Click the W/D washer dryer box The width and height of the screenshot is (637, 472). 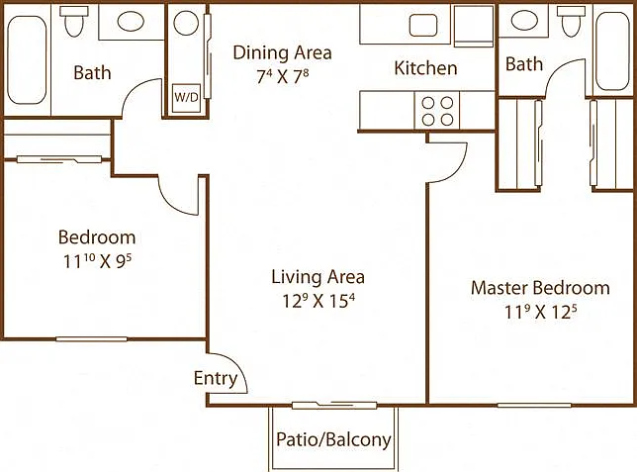tap(186, 98)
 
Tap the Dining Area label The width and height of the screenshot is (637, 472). tap(282, 52)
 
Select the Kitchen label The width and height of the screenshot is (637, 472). tap(425, 68)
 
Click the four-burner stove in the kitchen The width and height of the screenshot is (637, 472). tap(437, 111)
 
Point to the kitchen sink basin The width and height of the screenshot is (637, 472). tap(423, 25)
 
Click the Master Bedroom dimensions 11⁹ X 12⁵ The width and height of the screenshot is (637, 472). tap(540, 312)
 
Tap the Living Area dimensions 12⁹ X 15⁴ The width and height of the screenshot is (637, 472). tap(318, 301)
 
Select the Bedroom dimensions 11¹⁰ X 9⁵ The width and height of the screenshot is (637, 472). tap(97, 261)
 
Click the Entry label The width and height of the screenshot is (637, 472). tap(216, 378)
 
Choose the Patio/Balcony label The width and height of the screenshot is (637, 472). tap(333, 439)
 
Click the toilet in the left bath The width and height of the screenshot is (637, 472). tap(73, 22)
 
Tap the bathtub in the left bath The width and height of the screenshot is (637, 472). tap(27, 60)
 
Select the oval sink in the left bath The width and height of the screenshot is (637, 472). tap(131, 21)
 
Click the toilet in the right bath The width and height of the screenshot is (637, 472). tap(571, 22)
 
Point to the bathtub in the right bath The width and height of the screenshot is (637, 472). tap(613, 50)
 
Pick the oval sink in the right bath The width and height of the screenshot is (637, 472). tap(524, 20)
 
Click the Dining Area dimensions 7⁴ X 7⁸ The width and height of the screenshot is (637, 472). tap(282, 76)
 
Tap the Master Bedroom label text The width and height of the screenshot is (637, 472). tap(540, 288)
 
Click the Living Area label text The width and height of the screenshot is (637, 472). tap(318, 277)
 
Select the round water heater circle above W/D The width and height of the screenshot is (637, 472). tap(186, 23)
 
